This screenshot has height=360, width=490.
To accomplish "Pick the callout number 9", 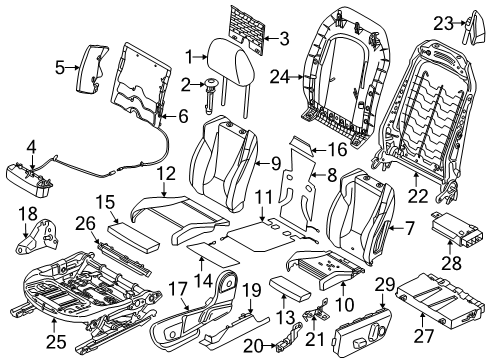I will [x=277, y=163].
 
